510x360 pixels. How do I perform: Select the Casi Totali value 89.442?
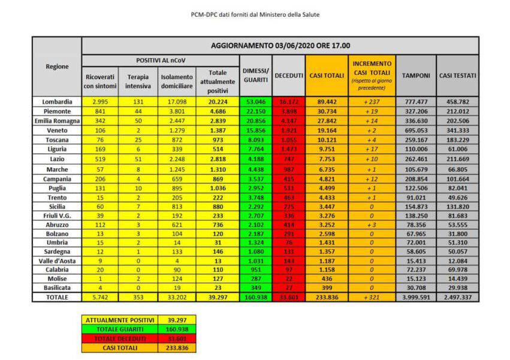[326, 102]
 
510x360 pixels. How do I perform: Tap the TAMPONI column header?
[415, 75]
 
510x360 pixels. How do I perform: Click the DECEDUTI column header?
[288, 75]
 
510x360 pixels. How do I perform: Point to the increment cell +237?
[372, 102]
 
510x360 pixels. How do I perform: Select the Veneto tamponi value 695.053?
[415, 131]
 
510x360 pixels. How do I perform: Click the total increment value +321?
[372, 298]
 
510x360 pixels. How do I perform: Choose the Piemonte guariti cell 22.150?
[255, 111]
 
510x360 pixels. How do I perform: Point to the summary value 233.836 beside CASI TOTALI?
[178, 348]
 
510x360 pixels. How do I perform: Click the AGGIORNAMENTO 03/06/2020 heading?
[280, 46]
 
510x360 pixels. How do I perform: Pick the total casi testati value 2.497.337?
[457, 298]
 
